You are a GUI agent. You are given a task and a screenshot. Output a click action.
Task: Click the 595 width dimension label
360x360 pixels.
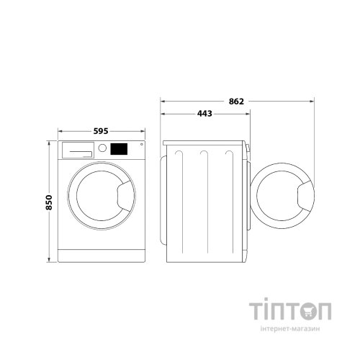click(101, 131)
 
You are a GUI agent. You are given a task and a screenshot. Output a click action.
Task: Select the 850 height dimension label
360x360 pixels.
click(49, 202)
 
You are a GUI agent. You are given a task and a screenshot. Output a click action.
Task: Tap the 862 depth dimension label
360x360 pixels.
click(236, 102)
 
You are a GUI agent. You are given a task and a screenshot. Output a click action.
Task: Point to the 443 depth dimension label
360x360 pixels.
click(204, 114)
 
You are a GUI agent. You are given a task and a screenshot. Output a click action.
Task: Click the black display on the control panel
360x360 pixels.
click(119, 149)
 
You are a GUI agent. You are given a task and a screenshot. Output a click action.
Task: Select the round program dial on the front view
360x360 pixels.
click(102, 148)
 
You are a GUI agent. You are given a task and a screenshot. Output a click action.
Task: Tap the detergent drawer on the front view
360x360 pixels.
click(78, 150)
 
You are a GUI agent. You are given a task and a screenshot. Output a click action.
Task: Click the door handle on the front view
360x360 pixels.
click(126, 196)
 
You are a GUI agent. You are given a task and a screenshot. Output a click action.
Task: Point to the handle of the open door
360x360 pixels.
click(306, 197)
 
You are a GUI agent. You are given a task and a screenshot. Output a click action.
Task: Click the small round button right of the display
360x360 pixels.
click(142, 144)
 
